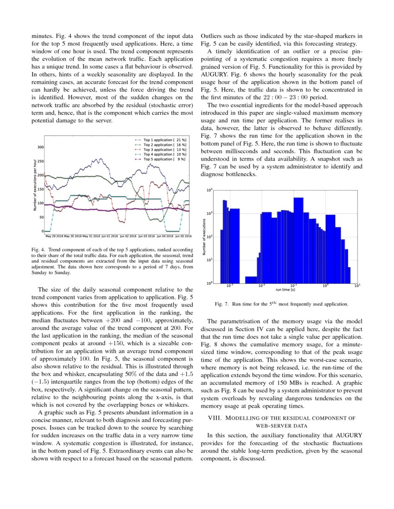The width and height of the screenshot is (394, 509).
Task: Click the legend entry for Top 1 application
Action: point(163,139)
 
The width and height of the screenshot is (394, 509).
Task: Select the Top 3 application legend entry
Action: point(163,149)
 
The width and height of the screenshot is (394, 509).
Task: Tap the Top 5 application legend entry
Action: point(163,159)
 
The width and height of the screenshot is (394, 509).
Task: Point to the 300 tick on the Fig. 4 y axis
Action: point(40,147)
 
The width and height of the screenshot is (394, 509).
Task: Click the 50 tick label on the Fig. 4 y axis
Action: point(41,217)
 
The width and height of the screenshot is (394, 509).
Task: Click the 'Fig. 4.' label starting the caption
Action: point(38,250)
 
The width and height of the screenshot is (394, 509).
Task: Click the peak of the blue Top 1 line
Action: point(98,159)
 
